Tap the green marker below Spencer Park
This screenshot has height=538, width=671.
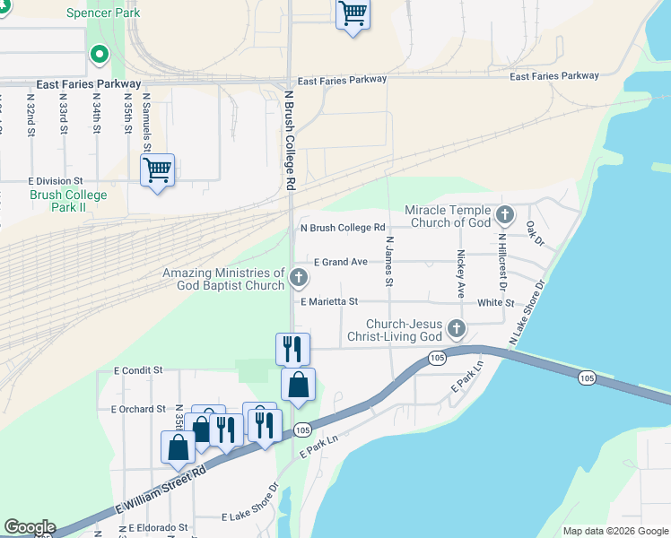pos(99,56)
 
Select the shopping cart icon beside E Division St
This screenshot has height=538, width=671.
pos(158,169)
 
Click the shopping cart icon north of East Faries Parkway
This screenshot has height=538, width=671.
pos(353,14)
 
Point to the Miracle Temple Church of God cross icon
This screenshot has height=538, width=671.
pos(505,215)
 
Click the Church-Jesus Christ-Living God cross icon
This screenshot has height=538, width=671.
pos(457,329)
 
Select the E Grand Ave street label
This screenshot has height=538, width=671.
pos(341,262)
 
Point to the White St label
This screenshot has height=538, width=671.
pos(495,303)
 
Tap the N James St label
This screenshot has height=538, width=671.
pos(389,262)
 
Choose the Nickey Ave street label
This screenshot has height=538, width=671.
pos(461,273)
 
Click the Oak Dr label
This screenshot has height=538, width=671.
pos(536,233)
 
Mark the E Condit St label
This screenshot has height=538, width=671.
pos(138,369)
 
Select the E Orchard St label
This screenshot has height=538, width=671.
pos(138,409)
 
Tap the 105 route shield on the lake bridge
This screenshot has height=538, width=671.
pos(587,378)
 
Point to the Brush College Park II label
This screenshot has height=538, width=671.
pos(68,201)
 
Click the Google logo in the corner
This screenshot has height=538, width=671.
pos(29,527)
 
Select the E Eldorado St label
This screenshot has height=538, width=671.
pos(158,528)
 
